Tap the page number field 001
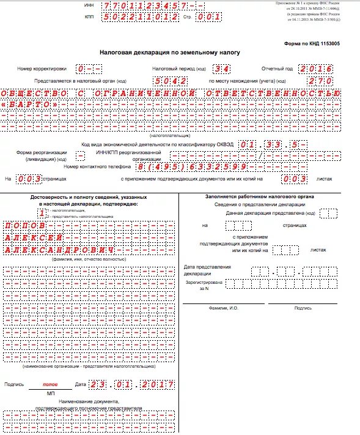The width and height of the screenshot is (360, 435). tap(208, 18)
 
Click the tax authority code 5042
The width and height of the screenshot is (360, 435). tap(171, 81)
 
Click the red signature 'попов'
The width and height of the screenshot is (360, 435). tap(50, 384)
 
